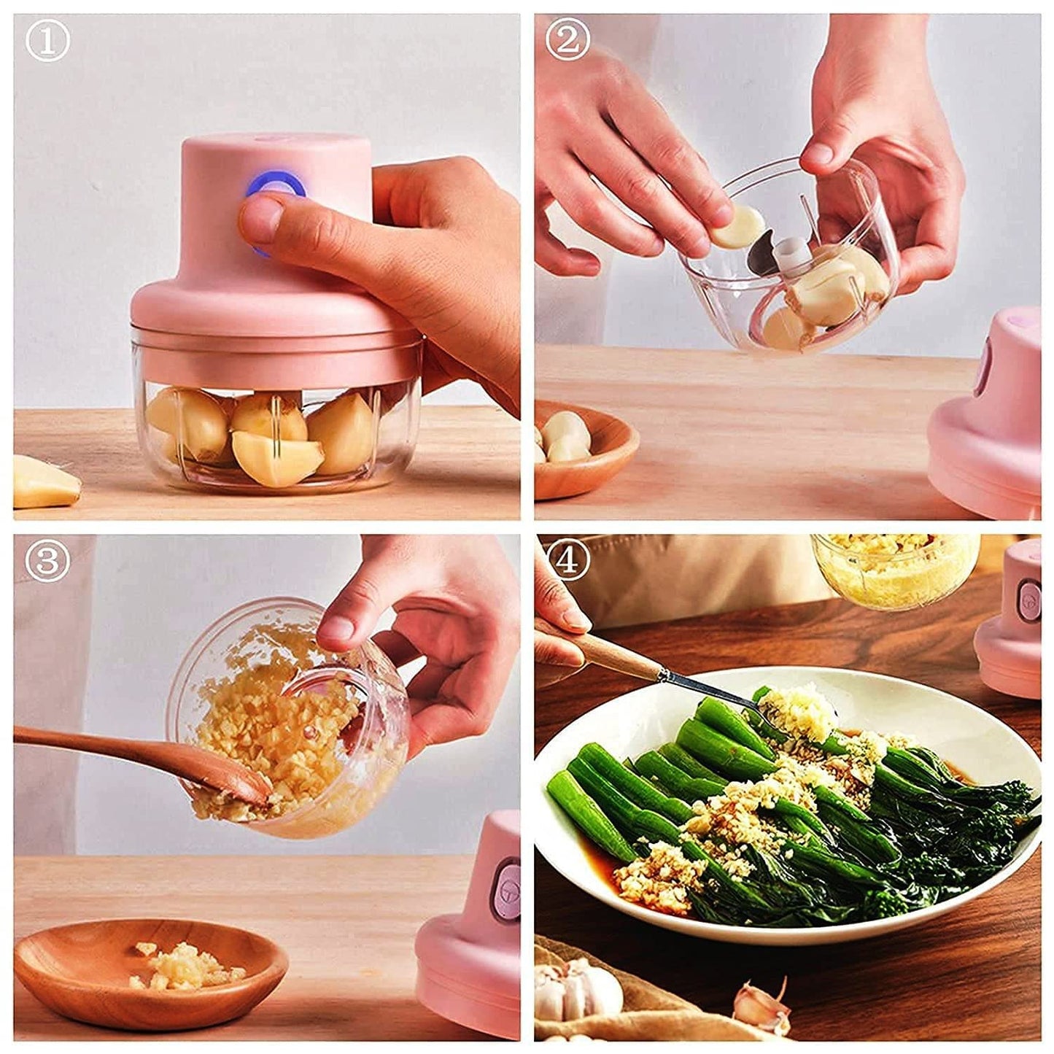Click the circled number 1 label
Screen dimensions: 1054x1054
(x=47, y=42)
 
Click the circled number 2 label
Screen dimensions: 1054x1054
(x=567, y=42)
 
